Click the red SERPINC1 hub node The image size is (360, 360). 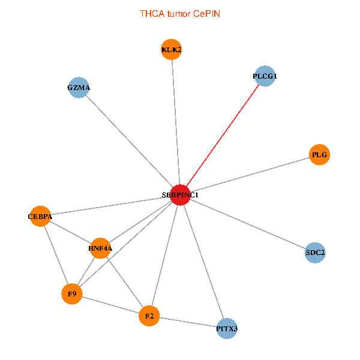(180, 195)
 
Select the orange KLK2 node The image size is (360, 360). (172, 49)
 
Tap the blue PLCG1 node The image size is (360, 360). (265, 76)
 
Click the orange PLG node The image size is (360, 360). (319, 155)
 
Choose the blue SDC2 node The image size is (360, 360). (315, 253)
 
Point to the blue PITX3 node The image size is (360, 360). (227, 329)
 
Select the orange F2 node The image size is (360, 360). (149, 316)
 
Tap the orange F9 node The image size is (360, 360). (72, 294)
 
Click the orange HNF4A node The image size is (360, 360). (100, 247)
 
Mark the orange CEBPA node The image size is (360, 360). (40, 216)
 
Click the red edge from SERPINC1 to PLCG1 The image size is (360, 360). (222, 136)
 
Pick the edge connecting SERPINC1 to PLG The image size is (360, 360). (250, 175)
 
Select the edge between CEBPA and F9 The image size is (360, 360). (56, 255)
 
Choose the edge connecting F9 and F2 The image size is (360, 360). (110, 305)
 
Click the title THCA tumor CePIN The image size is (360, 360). (179, 13)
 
